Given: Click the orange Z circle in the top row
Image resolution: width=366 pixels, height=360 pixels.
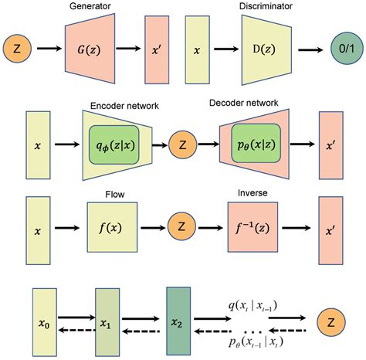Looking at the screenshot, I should coord(20,49).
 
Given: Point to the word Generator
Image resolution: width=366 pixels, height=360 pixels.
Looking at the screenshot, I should coord(91,7).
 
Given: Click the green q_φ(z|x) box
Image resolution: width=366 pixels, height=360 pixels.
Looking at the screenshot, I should coord(114,144).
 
